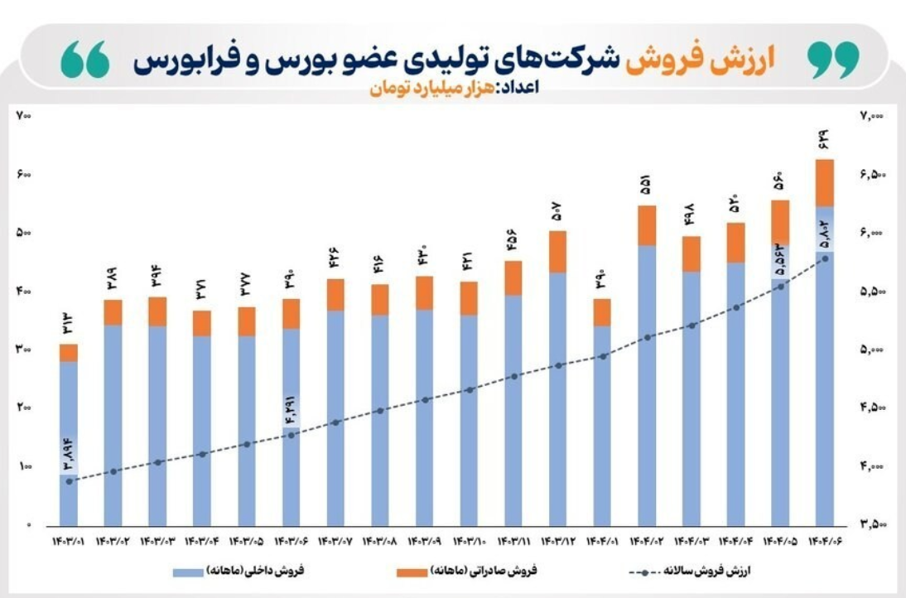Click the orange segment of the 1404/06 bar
(x=824, y=182)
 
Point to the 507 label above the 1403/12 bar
(x=558, y=211)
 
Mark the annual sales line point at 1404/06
(x=824, y=258)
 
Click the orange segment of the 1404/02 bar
(x=647, y=225)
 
